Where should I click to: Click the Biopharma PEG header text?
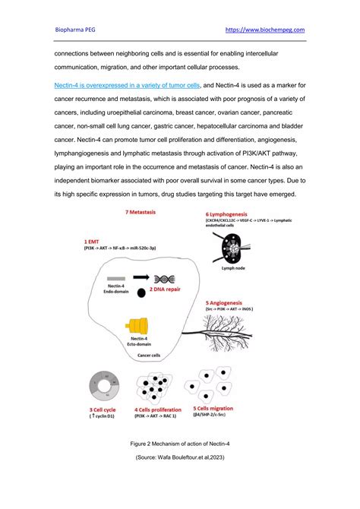79,30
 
